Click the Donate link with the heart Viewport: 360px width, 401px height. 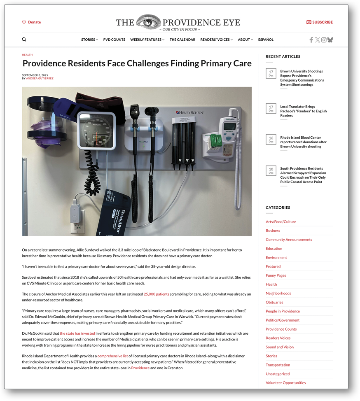click(x=32, y=22)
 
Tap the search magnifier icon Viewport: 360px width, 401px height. click(x=24, y=40)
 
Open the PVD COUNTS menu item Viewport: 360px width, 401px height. click(x=114, y=40)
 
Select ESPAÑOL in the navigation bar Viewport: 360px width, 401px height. click(x=266, y=40)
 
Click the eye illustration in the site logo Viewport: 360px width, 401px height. click(x=148, y=22)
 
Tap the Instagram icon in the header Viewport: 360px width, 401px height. click(x=324, y=40)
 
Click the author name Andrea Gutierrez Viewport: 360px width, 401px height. click(x=40, y=78)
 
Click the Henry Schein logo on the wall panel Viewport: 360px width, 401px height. click(x=189, y=112)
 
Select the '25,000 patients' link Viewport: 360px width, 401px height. click(x=156, y=294)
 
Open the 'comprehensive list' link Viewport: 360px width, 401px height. click(x=112, y=356)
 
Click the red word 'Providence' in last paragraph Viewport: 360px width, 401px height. click(x=140, y=368)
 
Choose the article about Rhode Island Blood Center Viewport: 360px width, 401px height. click(x=303, y=142)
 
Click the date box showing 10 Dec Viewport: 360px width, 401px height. click(x=271, y=171)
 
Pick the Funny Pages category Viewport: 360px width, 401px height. click(x=276, y=275)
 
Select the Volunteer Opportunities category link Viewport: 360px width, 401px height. click(x=285, y=383)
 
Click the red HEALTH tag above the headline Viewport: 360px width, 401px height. click(x=27, y=55)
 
